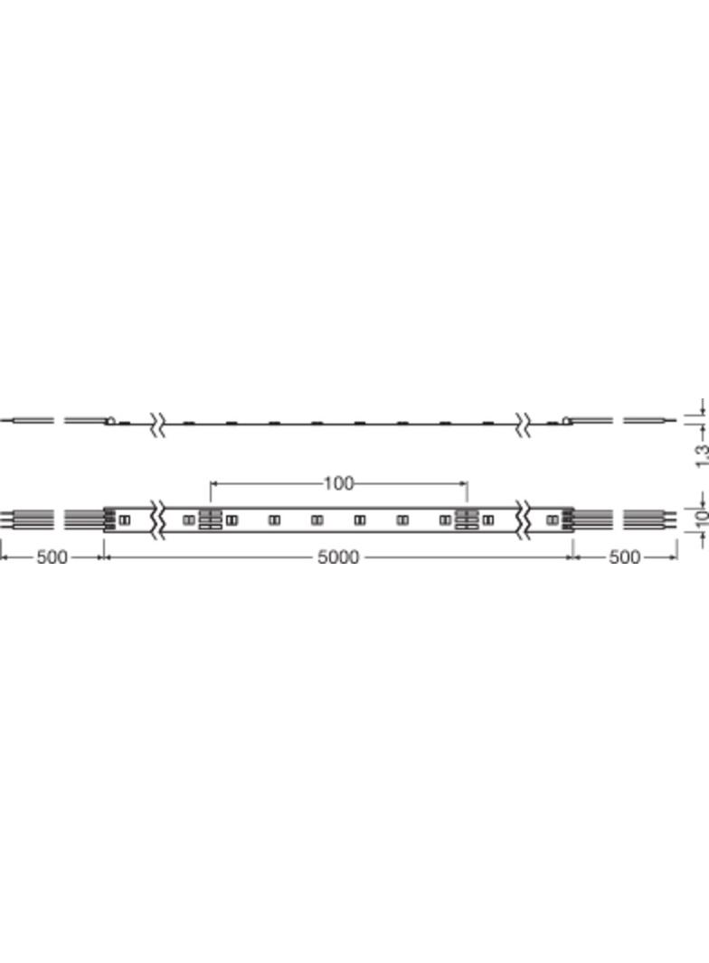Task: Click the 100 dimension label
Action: tap(338, 484)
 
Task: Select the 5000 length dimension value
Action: tap(338, 557)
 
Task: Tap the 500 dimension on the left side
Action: tap(52, 557)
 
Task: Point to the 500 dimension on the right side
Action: tap(624, 557)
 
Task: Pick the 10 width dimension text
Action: tap(700, 519)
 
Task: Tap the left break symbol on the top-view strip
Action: tap(159, 519)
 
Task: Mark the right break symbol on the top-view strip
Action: tap(524, 519)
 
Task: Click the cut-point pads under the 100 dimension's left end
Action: tap(210, 519)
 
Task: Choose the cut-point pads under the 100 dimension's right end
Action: tap(467, 519)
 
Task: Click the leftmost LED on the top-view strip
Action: tap(124, 519)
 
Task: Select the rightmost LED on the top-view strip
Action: tap(552, 519)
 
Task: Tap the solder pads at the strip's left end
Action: tap(109, 519)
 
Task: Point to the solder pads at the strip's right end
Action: tap(569, 519)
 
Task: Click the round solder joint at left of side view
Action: tap(110, 419)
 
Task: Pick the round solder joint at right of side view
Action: tap(567, 419)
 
